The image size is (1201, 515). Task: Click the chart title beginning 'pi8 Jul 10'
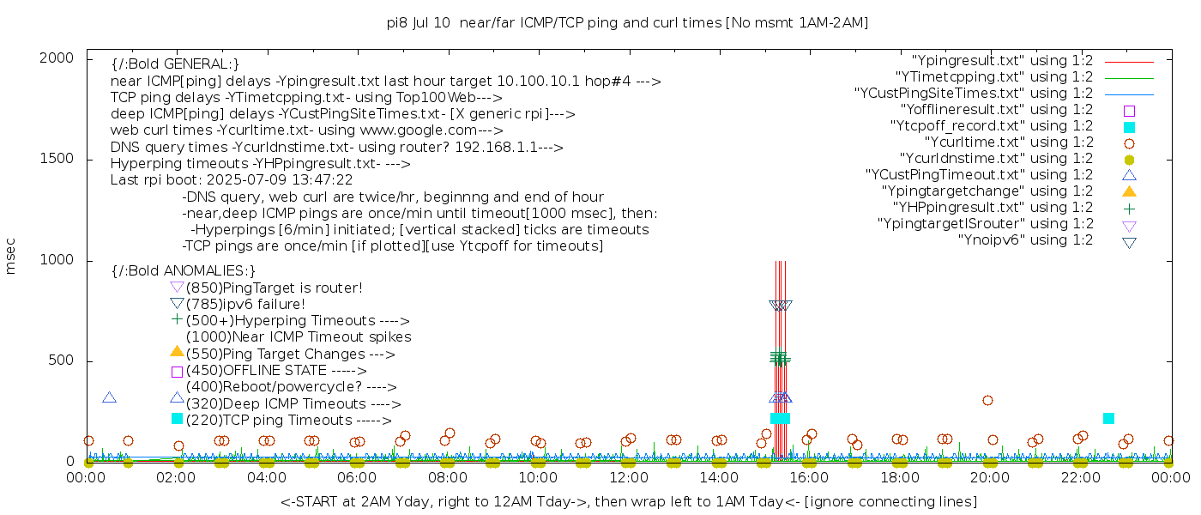627,23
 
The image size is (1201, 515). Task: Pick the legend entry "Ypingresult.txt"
1002,61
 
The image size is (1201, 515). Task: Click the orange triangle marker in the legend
1129,191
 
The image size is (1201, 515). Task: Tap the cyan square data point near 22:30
1108,418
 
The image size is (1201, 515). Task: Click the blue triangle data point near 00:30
109,397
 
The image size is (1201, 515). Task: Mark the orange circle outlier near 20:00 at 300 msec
987,400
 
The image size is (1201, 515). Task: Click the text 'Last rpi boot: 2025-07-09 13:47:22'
232,180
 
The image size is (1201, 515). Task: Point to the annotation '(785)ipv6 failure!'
245,305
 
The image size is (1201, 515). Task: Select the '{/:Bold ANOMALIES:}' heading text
184,271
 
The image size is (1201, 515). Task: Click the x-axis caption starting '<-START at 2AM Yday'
628,501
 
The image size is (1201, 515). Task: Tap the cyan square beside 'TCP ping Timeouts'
177,419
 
